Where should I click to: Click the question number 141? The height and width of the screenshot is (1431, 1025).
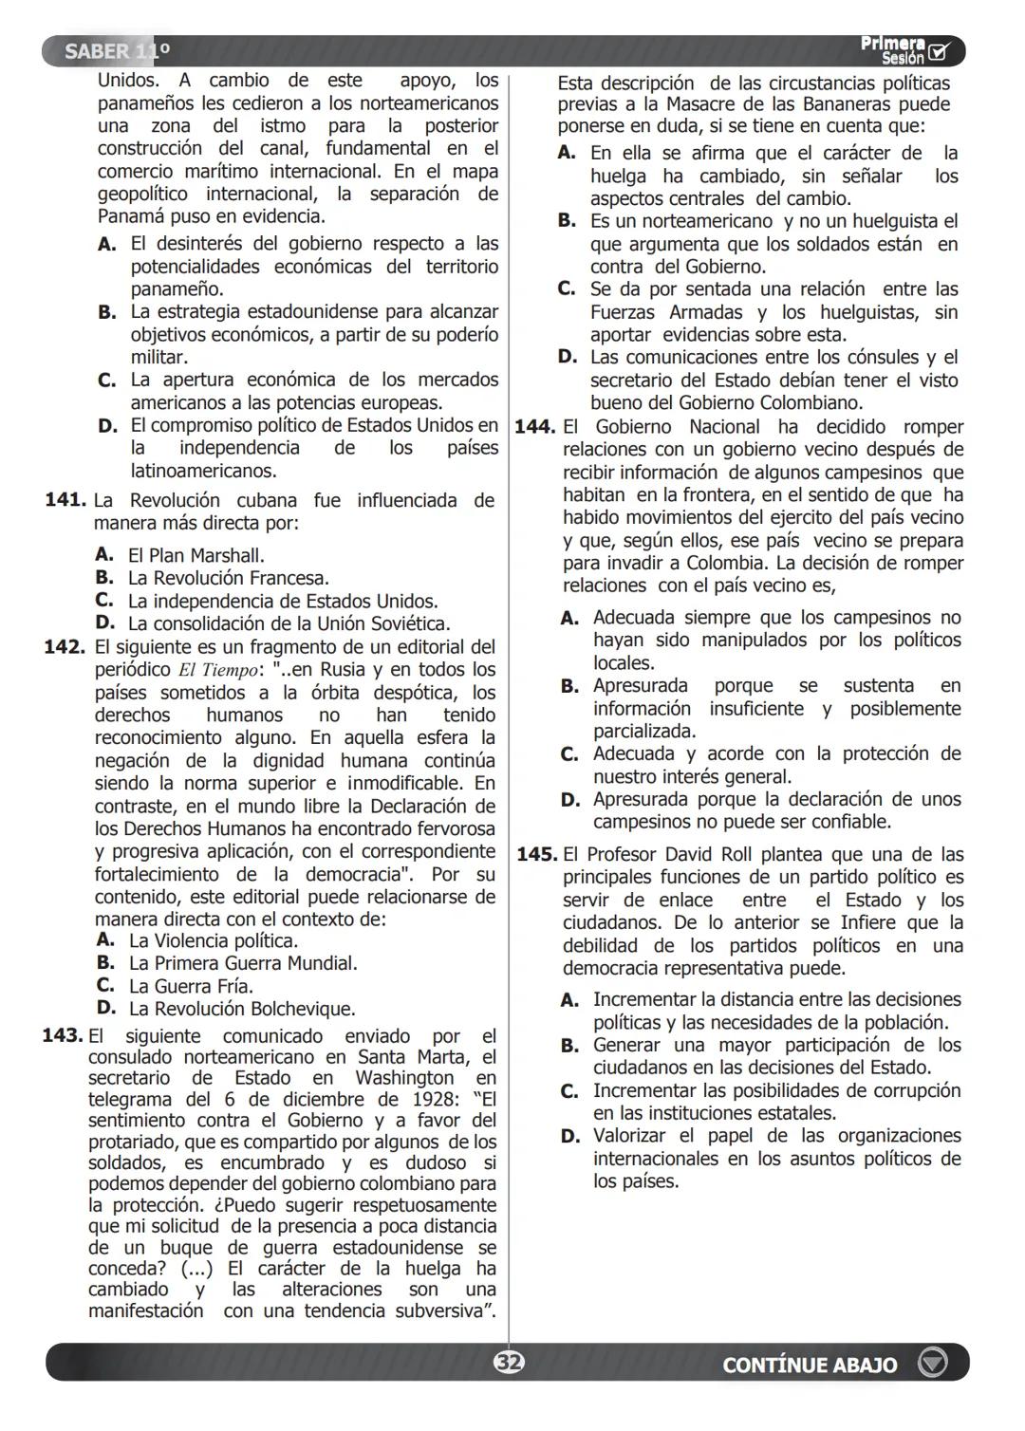click(x=65, y=500)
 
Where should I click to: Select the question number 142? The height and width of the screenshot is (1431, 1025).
click(x=65, y=647)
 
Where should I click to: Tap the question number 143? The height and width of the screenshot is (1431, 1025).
click(x=63, y=1035)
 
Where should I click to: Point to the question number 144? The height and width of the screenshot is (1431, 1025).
click(x=534, y=427)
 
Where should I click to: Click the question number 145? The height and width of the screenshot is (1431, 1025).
click(x=536, y=854)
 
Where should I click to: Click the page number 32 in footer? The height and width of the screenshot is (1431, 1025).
click(x=509, y=1364)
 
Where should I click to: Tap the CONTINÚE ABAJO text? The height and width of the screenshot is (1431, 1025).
click(x=809, y=1365)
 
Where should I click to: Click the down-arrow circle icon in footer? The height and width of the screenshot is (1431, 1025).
click(x=933, y=1364)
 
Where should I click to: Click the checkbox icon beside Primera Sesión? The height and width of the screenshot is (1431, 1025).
click(x=940, y=51)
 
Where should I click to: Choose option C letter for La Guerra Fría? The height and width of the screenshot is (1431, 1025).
click(x=105, y=985)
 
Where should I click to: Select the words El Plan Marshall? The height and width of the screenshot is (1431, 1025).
click(x=196, y=555)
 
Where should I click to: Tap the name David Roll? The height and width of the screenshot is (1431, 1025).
click(x=707, y=854)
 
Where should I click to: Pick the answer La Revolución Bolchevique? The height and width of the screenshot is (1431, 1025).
click(x=242, y=1009)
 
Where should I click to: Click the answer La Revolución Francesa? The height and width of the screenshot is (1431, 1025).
click(x=229, y=578)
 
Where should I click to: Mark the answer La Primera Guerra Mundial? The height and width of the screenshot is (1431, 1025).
click(x=243, y=963)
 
